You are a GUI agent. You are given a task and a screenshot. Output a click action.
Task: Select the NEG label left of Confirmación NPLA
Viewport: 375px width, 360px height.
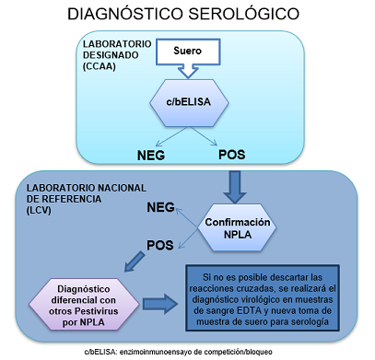(x=159, y=208)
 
